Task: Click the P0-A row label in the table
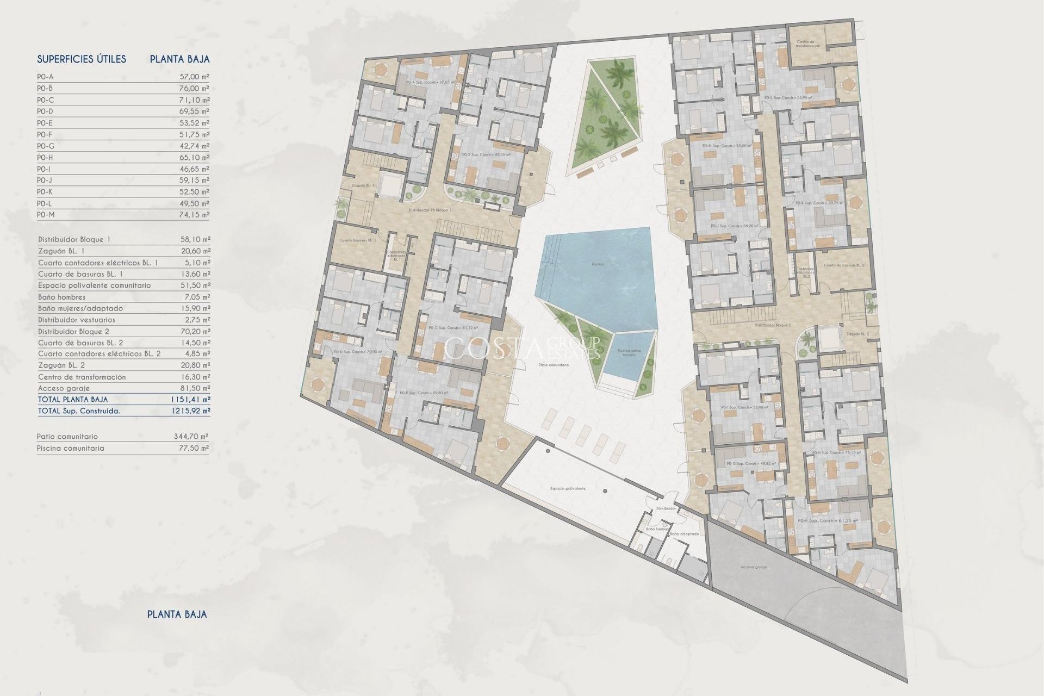[x=45, y=77]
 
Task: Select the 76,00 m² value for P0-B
[x=195, y=88]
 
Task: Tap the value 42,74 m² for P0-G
[x=195, y=146]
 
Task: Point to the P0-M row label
[x=46, y=215]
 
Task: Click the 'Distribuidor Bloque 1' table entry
[x=74, y=239]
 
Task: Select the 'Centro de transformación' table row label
[x=82, y=377]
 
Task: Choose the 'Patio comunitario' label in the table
[x=67, y=437]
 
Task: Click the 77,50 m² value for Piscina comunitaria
[x=195, y=448]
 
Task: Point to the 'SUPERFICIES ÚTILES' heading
[x=82, y=59]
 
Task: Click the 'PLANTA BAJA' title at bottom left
[x=177, y=614]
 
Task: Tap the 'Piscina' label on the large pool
[x=598, y=264]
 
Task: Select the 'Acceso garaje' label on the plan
[x=754, y=567]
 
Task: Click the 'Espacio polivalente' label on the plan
[x=568, y=488]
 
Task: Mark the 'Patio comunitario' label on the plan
[x=554, y=365]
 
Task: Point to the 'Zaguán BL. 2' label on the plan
[x=857, y=334]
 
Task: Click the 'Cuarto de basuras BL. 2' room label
[x=844, y=265]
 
